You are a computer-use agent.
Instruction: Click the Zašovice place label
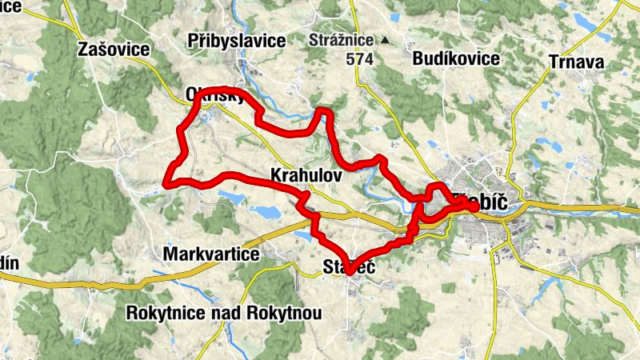[x=114, y=50]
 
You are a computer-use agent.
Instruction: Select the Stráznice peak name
[x=342, y=39]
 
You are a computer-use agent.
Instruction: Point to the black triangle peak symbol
[x=385, y=39]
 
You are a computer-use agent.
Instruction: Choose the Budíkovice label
[x=456, y=58]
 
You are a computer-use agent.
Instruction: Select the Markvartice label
[x=211, y=254]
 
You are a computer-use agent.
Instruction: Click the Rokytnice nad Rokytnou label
[x=224, y=313]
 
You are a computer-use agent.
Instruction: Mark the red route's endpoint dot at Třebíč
[x=474, y=207]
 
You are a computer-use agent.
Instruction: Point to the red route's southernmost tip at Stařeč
[x=350, y=274]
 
